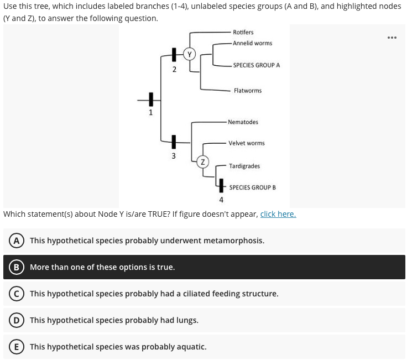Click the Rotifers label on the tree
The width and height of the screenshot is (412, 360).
pos(243,32)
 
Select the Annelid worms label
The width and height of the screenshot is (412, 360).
pos(252,43)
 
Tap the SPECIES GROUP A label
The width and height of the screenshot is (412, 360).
pos(256,65)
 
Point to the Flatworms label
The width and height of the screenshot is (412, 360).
pos(248,90)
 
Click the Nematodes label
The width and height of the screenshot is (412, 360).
pos(243,122)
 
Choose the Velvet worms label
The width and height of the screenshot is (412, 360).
pos(247,143)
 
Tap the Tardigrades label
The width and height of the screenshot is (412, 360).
pos(244,166)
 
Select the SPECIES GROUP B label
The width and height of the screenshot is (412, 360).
pos(252,187)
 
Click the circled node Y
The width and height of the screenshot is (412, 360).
pos(190,54)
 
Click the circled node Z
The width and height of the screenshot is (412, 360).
pos(203,162)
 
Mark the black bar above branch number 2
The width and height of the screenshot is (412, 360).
pos(174,55)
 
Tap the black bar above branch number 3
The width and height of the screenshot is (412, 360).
pos(174,143)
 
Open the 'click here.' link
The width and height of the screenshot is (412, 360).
pos(278,214)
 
